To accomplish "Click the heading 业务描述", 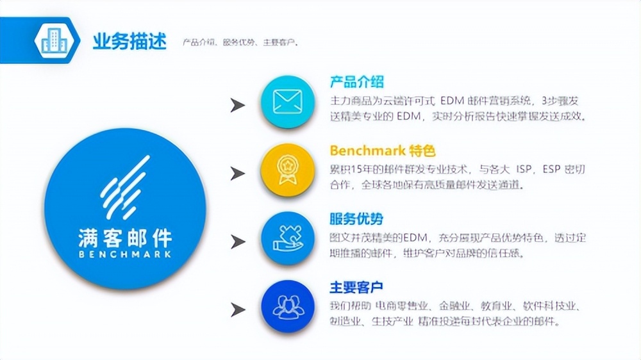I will coord(129,42).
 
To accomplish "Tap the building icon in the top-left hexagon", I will coord(53,41).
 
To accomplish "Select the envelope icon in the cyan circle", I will coord(287,102).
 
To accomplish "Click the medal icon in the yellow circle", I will coord(287,170).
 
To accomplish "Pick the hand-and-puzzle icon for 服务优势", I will coord(287,239).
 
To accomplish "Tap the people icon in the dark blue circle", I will coord(287,306).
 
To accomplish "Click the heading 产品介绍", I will coord(356,82).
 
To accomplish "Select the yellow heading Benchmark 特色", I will coord(383,151).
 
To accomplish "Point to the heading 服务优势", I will coord(356,219).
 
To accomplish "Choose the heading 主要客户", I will coord(356,287).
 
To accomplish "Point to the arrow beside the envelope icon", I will coord(238,105).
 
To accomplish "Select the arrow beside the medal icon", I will coord(238,173).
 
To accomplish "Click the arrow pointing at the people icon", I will coord(238,310).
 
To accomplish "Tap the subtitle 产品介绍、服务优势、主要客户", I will coord(240,43).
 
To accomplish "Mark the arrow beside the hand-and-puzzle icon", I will coord(238,241).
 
